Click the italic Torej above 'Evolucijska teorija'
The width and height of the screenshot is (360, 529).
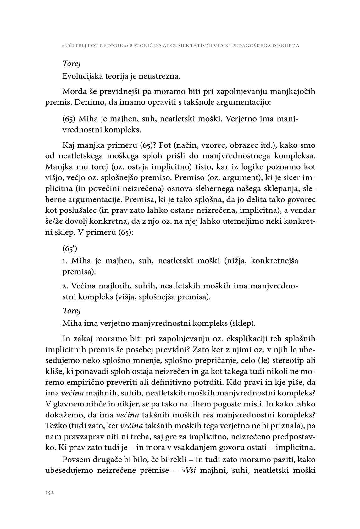(71, 63)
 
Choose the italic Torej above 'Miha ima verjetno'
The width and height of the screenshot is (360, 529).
(71, 311)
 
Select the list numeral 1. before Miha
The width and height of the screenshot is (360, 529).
(65, 261)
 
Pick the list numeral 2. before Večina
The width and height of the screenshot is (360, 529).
(65, 286)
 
